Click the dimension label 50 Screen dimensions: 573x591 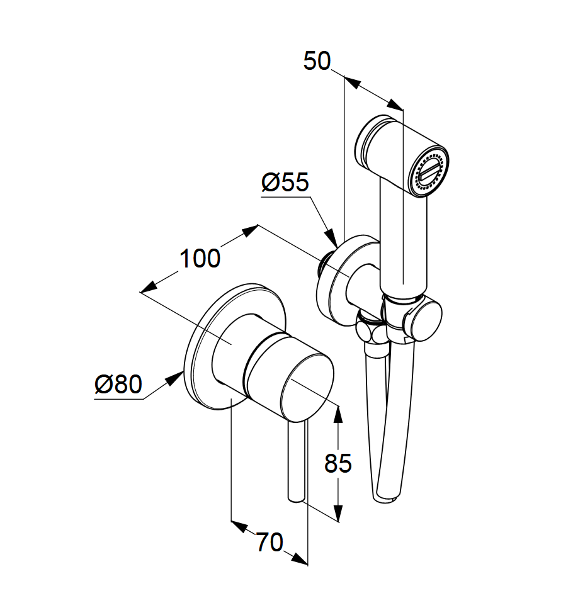(x=317, y=61)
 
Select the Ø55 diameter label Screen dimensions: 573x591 (x=285, y=183)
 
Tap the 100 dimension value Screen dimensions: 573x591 (x=200, y=259)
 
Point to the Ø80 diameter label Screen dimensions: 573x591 (x=118, y=385)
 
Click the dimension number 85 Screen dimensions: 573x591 (x=338, y=463)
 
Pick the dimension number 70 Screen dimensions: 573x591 (x=270, y=543)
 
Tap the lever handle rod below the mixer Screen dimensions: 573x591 (x=296, y=462)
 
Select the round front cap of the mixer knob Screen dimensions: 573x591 (x=307, y=388)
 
